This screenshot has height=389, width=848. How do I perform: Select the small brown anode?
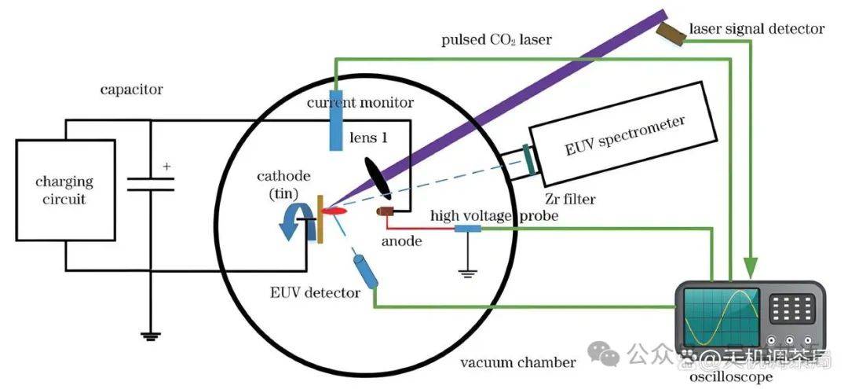[x=386, y=212]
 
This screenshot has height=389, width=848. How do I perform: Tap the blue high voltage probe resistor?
[x=467, y=229]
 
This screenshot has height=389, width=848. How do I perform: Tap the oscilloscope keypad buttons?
[x=788, y=307]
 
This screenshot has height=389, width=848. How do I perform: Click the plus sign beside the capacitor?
[x=166, y=167]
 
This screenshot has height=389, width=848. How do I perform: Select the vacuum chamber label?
[x=517, y=362]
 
